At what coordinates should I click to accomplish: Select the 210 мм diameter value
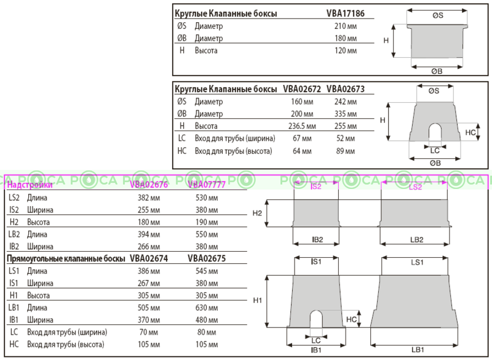pyautogui.click(x=345, y=26)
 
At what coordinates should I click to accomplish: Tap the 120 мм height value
pyautogui.click(x=345, y=50)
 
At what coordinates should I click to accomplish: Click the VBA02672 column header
pyautogui.click(x=302, y=89)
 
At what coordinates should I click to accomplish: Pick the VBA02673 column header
pyautogui.click(x=346, y=89)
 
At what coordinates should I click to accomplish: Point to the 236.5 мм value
pyautogui.click(x=301, y=126)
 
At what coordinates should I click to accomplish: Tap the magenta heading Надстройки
pyautogui.click(x=30, y=185)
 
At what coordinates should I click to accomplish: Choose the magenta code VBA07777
pyautogui.click(x=206, y=185)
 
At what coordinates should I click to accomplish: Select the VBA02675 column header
pyautogui.click(x=206, y=259)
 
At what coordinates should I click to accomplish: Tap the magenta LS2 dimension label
pyautogui.click(x=415, y=186)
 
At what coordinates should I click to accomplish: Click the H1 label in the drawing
pyautogui.click(x=258, y=300)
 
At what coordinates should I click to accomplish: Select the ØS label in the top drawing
pyautogui.click(x=437, y=16)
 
